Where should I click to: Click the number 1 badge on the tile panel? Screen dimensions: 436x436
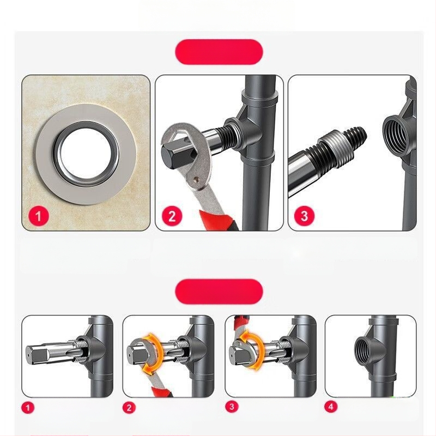point(38,216)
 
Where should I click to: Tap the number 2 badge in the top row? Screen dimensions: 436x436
point(172,216)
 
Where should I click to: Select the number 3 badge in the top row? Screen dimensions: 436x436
point(304,216)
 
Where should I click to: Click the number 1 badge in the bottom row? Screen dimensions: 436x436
point(28,408)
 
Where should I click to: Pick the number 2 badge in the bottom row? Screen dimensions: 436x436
point(129,408)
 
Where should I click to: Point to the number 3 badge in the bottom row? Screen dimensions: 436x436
point(232,407)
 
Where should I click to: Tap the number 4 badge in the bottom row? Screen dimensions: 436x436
point(331,407)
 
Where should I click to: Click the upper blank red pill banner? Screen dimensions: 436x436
point(219,52)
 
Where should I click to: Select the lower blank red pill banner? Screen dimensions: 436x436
point(219,292)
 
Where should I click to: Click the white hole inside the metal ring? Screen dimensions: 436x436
point(87,154)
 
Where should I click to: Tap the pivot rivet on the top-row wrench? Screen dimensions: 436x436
point(197,180)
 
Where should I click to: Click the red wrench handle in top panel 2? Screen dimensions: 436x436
point(219,220)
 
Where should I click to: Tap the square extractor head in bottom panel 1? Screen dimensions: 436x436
point(38,355)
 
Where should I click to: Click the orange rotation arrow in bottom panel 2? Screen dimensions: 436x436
point(153,353)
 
